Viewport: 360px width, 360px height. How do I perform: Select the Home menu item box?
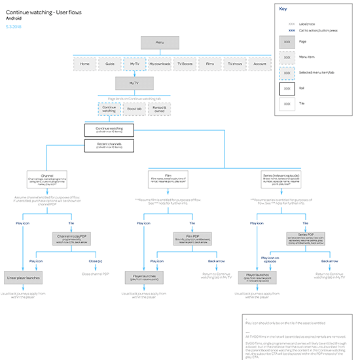click(84, 64)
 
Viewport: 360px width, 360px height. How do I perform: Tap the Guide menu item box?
click(109, 64)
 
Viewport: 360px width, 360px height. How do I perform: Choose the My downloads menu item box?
click(160, 64)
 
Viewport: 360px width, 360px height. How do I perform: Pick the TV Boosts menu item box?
click(185, 64)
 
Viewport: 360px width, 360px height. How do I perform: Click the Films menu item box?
click(209, 64)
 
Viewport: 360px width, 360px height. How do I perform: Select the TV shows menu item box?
click(234, 64)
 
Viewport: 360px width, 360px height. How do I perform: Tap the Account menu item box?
click(260, 64)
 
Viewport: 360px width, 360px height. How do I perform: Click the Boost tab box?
click(135, 109)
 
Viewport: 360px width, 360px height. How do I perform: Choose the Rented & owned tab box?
click(160, 109)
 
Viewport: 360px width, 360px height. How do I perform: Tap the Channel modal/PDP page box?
click(73, 237)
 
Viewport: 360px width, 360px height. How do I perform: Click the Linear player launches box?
click(24, 278)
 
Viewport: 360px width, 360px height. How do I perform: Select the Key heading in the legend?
click(283, 10)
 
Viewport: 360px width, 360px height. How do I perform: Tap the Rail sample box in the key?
click(287, 86)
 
